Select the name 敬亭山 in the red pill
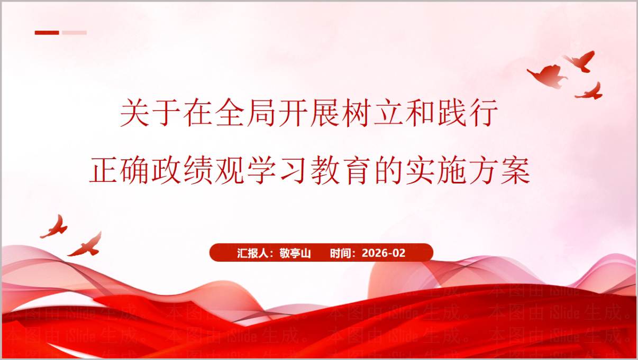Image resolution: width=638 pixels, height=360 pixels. [295, 253]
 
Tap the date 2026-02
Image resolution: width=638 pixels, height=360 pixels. [384, 253]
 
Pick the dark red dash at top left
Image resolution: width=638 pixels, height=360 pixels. [47, 33]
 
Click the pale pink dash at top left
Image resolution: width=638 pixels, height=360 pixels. [74, 33]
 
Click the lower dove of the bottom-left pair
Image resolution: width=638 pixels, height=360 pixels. [86, 246]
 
